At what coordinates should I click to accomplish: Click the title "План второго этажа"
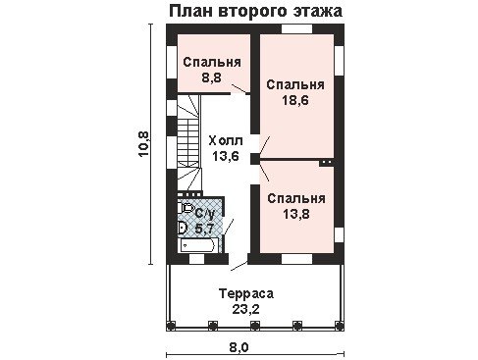pos(256,11)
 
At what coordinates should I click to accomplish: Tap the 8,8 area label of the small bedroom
pos(211,77)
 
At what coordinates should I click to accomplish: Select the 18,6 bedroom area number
pos(295,100)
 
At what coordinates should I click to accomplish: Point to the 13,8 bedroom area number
pos(296,214)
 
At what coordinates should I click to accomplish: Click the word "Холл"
pos(226,141)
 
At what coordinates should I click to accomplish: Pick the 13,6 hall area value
pos(226,156)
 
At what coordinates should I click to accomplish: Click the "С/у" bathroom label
pos(205,214)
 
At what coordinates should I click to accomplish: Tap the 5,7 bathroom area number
pos(204,229)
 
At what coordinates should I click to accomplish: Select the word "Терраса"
pos(246,293)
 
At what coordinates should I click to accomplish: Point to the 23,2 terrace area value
pos(245,309)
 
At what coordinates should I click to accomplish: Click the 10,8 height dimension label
pos(144,144)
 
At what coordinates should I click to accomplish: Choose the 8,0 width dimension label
pos(239,347)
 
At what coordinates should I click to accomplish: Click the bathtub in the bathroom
pos(199,245)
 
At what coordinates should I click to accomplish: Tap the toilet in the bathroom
pos(186,208)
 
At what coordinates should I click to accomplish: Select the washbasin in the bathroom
pos(182,228)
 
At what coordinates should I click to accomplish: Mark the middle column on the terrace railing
pos(254,325)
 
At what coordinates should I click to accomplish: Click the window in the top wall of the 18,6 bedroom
pos(297,28)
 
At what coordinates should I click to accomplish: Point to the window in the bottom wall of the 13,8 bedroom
pos(297,259)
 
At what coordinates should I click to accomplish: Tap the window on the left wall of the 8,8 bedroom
pos(171,62)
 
